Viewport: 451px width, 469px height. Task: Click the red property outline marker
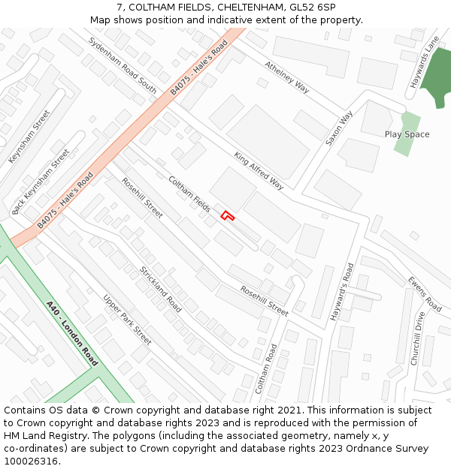pyautogui.click(x=227, y=216)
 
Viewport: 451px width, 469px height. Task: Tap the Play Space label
pyautogui.click(x=407, y=134)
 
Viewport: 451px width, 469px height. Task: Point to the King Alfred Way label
pyautogui.click(x=259, y=171)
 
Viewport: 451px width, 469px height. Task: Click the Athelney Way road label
pyautogui.click(x=286, y=77)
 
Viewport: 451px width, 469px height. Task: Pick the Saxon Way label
pyautogui.click(x=339, y=128)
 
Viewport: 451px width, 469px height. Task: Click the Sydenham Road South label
pyautogui.click(x=122, y=65)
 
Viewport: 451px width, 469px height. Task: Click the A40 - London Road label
pyautogui.click(x=72, y=333)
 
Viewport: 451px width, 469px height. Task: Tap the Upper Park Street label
pyautogui.click(x=127, y=320)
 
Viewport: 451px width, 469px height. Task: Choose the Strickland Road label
pyautogui.click(x=160, y=290)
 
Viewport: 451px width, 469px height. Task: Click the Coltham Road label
pyautogui.click(x=265, y=368)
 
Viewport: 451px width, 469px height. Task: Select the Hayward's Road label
pyautogui.click(x=341, y=292)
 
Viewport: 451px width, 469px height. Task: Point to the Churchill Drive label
pyautogui.click(x=418, y=338)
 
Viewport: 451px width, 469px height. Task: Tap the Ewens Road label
pyautogui.click(x=425, y=293)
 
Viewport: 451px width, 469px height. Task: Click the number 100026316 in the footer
pyautogui.click(x=31, y=461)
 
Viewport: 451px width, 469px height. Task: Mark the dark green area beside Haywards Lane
pyautogui.click(x=436, y=79)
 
